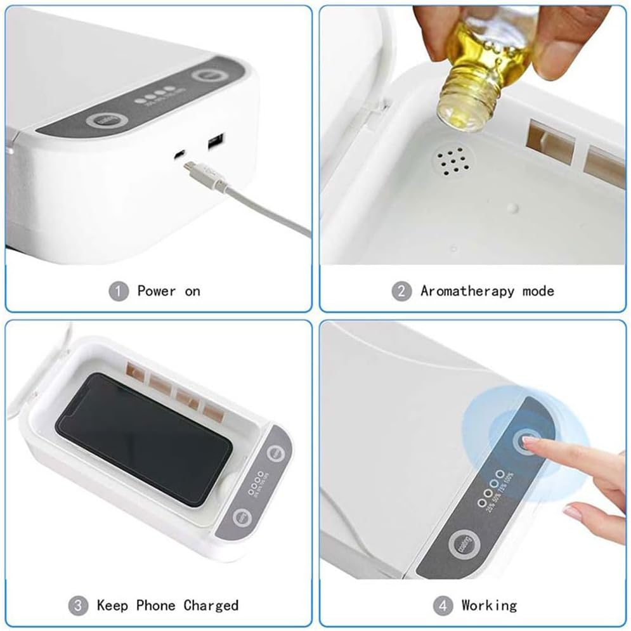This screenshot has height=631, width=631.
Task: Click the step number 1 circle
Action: (x=118, y=291)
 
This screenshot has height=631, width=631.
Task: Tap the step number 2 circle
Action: (x=401, y=291)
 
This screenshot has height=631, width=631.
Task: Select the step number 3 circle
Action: (x=78, y=605)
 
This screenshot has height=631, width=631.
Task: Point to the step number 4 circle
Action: (x=443, y=605)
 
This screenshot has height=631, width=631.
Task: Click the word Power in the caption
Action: (x=156, y=291)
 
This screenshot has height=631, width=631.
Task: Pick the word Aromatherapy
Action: (x=467, y=291)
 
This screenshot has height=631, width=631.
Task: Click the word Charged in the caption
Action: (x=211, y=605)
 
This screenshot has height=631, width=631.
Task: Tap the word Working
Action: (x=489, y=605)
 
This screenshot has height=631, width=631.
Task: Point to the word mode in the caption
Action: (x=538, y=291)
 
